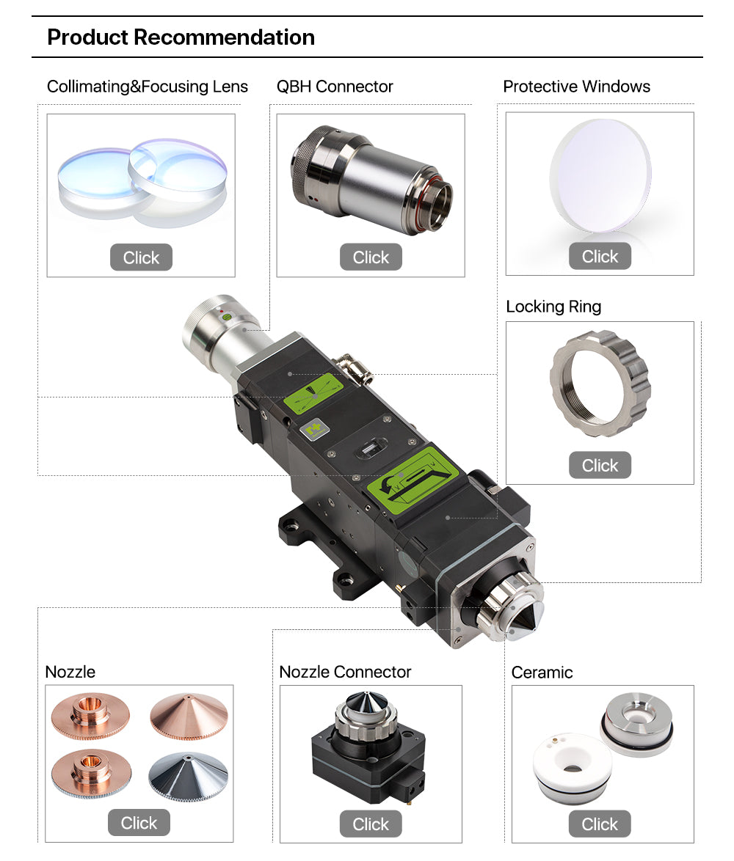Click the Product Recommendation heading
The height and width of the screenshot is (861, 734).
181,37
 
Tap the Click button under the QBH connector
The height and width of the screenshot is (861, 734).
371,257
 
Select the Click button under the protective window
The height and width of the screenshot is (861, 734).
600,256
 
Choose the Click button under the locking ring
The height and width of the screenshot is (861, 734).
600,465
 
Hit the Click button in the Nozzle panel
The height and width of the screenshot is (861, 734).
139,823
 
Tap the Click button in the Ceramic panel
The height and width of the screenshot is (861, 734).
600,824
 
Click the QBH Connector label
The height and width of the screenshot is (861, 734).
335,87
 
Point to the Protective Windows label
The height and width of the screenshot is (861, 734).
576,87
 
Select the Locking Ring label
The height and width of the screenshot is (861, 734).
553,307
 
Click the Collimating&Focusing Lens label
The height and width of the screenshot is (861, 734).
148,87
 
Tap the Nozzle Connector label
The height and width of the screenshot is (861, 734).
345,672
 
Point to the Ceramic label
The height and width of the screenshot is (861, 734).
542,673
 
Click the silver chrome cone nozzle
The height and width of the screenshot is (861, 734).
189,776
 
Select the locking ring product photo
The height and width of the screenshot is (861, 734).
600,384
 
